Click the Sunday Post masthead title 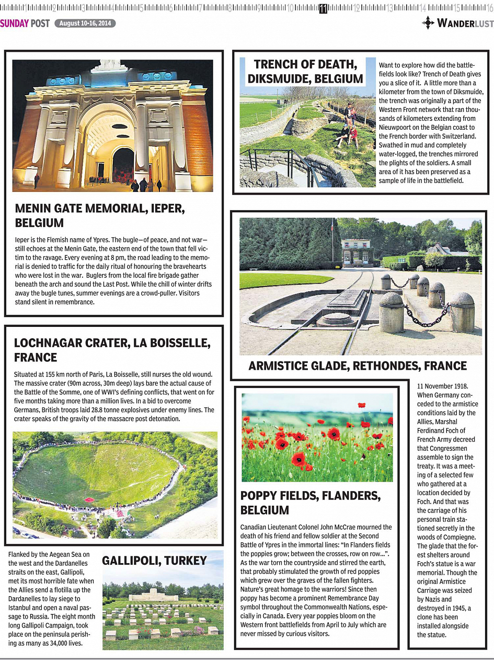point(25,24)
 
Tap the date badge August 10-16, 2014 point(85,24)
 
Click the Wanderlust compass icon point(428,22)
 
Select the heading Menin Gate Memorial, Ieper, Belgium point(100,215)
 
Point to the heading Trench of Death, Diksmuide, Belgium point(306,72)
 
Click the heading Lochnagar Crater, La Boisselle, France point(112,350)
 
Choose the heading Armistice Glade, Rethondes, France point(358,366)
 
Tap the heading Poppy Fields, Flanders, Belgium point(311,503)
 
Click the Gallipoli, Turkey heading point(154,561)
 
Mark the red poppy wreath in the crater point(89,500)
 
